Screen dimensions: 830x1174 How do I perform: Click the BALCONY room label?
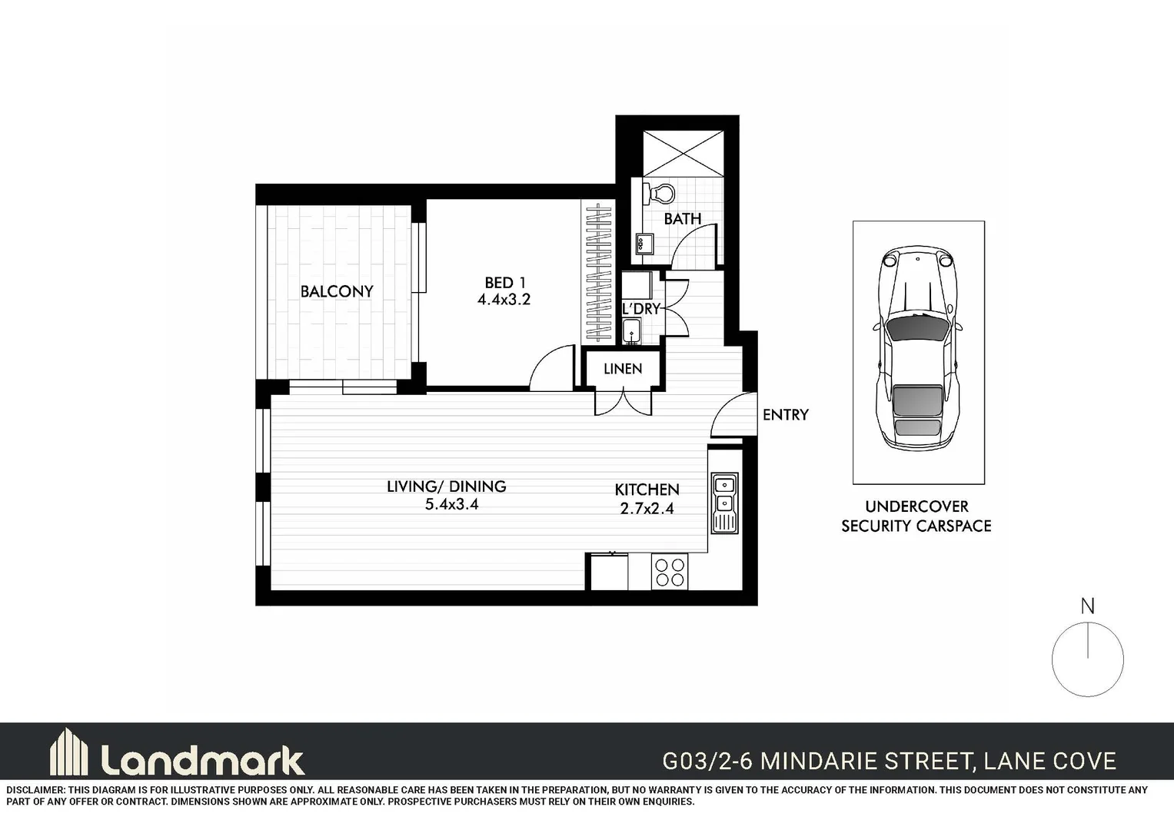point(337,291)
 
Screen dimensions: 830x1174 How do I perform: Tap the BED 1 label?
point(505,282)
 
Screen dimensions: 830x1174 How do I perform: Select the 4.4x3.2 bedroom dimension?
point(504,300)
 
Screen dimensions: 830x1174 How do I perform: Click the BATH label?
point(682,219)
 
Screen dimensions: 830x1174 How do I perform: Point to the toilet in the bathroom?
point(660,192)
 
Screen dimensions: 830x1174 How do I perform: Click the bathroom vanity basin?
point(642,244)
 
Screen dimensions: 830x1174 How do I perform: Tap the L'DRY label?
point(640,309)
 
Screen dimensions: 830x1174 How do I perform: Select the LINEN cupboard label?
point(622,369)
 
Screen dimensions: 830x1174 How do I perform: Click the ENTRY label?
point(785,415)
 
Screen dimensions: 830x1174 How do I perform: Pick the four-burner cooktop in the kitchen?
point(669,572)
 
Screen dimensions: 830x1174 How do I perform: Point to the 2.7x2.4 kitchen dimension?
point(647,508)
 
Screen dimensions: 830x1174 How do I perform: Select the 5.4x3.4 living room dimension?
point(451,505)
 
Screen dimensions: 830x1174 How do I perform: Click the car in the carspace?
point(918,350)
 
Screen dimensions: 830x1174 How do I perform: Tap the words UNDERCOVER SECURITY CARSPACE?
point(916,516)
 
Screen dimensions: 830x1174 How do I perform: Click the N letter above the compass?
point(1087,606)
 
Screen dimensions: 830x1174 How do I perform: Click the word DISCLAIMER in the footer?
point(35,790)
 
